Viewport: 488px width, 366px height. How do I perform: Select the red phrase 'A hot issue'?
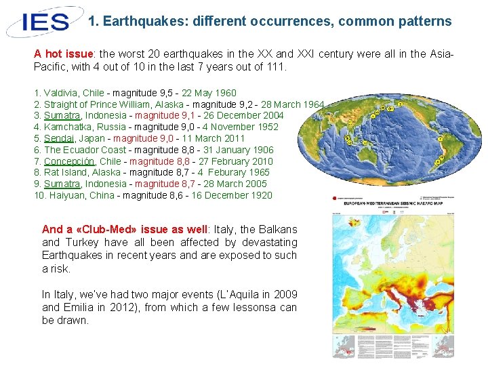coord(63,54)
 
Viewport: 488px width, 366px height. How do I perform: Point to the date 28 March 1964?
coord(294,104)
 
